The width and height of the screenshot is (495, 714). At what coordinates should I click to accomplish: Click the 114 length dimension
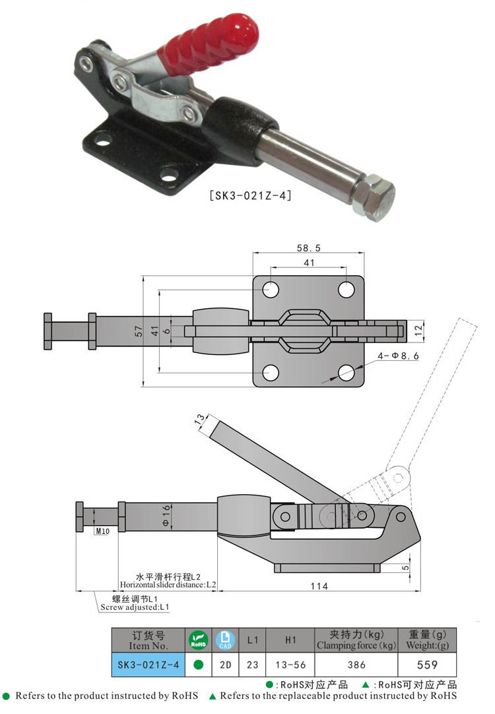[x=319, y=585]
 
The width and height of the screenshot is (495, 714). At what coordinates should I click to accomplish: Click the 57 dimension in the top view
[x=138, y=331]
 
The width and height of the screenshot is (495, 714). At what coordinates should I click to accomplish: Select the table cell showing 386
[x=356, y=665]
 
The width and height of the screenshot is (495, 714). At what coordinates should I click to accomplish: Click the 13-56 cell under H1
[x=290, y=665]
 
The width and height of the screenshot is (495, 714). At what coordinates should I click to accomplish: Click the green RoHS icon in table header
[x=198, y=639]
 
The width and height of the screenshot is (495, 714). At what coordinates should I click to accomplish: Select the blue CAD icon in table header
[x=225, y=639]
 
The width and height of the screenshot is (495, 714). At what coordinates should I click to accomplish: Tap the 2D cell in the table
[x=225, y=665]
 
